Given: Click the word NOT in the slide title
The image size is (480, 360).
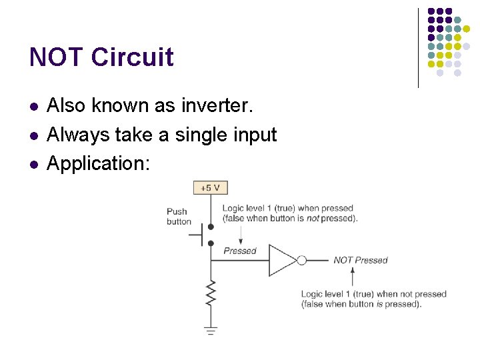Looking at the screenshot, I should pos(56,57).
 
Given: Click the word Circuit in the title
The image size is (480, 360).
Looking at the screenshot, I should pos(132,57).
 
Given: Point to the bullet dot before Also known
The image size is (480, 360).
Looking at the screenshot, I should pos(33,106).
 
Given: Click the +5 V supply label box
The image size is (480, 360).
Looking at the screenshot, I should pos(210,188).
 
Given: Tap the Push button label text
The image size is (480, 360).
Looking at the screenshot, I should pos(179,217).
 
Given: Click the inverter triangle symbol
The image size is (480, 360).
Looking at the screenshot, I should pos(281,260).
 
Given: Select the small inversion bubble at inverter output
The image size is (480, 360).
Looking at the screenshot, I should pos(301,260).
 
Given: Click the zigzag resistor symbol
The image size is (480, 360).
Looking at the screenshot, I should pos(211,294).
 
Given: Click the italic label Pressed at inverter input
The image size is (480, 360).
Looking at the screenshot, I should pos(240,251).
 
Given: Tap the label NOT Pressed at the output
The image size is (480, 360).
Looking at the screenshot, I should pos(360,260).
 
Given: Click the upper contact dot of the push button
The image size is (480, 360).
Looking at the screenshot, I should pos(211,227).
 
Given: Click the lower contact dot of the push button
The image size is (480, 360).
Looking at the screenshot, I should pos(211,243).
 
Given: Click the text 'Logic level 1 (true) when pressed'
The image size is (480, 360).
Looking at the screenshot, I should pos(287,209).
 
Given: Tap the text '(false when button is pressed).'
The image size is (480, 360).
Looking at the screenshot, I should pos(361,304).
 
